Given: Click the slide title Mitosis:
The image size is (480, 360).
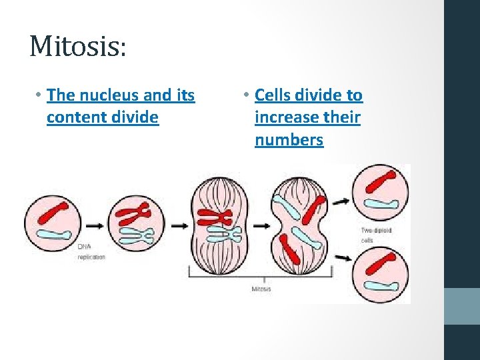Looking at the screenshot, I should click(77, 46).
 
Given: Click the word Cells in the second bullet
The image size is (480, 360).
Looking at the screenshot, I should click(275, 95).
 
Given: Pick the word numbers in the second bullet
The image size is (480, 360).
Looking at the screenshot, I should click(289, 140).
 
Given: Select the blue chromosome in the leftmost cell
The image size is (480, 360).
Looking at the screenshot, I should click(55, 235).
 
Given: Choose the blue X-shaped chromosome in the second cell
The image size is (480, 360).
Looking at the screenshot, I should click(137, 235).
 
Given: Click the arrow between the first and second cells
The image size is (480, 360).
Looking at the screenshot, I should click(93, 225).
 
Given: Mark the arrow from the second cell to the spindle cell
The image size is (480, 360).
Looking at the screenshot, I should click(179, 225).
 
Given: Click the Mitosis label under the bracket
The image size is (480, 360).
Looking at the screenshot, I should click(261, 289).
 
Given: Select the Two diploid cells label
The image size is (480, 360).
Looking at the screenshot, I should click(375, 235).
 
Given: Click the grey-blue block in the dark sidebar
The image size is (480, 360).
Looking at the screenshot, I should click(461, 306).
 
